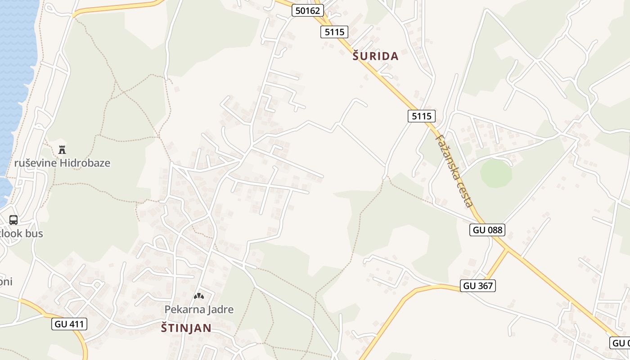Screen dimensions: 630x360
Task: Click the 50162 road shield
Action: [x=308, y=10]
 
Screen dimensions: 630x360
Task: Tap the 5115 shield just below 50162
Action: [x=334, y=31]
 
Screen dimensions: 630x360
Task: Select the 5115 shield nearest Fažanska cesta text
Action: [x=422, y=116]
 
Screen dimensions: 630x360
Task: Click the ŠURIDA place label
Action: [x=375, y=56]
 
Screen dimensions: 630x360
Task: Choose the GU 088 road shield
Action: [x=487, y=230]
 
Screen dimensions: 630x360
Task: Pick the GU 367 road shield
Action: [x=478, y=285]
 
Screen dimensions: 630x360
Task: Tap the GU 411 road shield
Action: [x=69, y=324]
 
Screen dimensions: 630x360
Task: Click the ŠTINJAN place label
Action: [x=186, y=328]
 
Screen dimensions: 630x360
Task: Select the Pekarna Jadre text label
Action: [x=199, y=310]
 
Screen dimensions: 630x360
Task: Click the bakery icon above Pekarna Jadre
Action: [x=198, y=296]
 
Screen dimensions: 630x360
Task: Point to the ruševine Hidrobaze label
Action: [x=62, y=163]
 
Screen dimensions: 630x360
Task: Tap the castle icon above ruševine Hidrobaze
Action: [x=62, y=149]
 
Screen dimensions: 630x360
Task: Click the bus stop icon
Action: [x=13, y=220]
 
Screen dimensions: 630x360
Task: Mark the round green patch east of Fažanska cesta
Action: [x=495, y=173]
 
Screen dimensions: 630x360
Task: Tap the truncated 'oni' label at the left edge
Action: [x=6, y=282]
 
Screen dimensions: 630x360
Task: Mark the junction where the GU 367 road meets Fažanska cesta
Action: [x=508, y=249]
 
